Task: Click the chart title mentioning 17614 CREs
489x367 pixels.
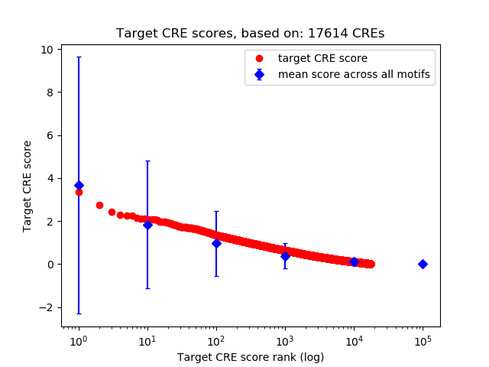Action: [x=250, y=34]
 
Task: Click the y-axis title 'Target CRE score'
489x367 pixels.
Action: [x=28, y=186]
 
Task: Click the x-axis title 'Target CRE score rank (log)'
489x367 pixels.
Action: [x=251, y=357]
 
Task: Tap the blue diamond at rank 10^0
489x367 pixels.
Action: [x=79, y=186]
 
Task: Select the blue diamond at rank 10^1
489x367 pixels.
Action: [x=147, y=225]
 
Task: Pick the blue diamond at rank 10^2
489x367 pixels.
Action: [x=216, y=243]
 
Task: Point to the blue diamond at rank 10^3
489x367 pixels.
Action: [x=285, y=256]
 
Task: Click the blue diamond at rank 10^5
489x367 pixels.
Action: [x=423, y=264]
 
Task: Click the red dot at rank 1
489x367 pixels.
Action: [x=79, y=193]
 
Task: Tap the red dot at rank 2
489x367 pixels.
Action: [x=99, y=205]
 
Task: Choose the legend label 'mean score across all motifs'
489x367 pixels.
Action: [x=354, y=74]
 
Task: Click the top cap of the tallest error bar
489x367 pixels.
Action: [x=79, y=57]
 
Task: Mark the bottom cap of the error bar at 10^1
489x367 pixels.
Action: [x=147, y=288]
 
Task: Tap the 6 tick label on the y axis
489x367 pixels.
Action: [x=50, y=135]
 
